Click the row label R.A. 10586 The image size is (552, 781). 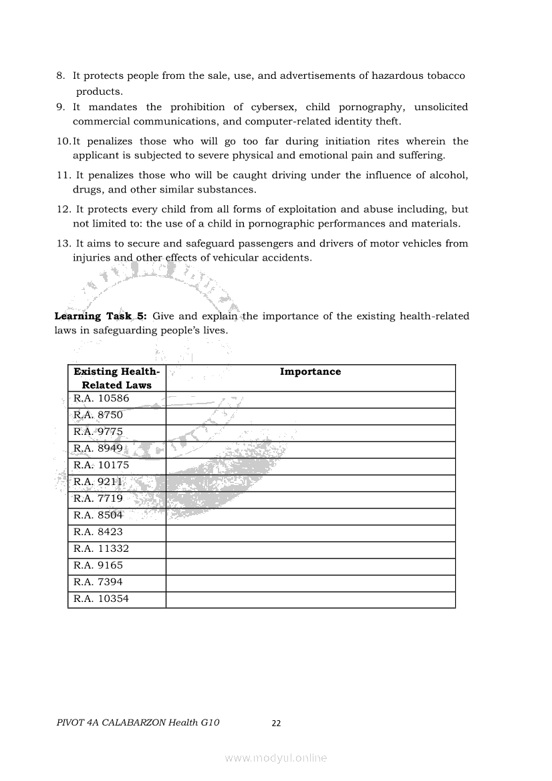pyautogui.click(x=102, y=399)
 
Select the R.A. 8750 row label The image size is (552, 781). pyautogui.click(x=98, y=416)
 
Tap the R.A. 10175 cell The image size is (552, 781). pyautogui.click(x=102, y=466)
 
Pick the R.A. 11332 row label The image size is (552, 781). pyautogui.click(x=102, y=549)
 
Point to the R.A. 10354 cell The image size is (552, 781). pyautogui.click(x=102, y=599)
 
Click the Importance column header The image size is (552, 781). pyautogui.click(x=310, y=372)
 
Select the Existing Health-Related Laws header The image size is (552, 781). pyautogui.click(x=117, y=378)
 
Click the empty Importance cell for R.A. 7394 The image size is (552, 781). pyautogui.click(x=310, y=583)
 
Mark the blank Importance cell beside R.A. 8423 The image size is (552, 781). pyautogui.click(x=310, y=532)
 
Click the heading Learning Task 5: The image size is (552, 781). pyautogui.click(x=100, y=316)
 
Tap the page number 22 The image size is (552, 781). pyautogui.click(x=276, y=723)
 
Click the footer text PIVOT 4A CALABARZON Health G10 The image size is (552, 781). pyautogui.click(x=138, y=722)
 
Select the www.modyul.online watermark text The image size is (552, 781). pyautogui.click(x=276, y=758)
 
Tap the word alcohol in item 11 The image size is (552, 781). pyautogui.click(x=448, y=175)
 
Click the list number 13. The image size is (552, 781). pyautogui.click(x=63, y=244)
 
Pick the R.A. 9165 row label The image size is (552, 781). pyautogui.click(x=98, y=566)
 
